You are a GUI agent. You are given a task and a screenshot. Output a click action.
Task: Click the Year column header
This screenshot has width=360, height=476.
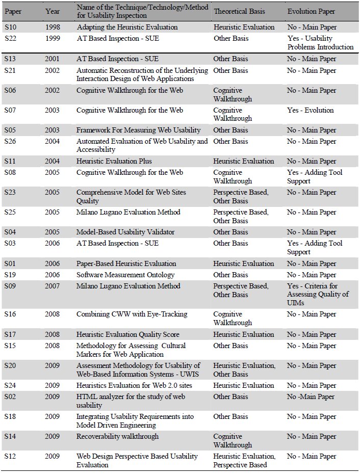point(53,11)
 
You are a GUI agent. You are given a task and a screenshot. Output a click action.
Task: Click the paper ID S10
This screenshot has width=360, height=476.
point(10,27)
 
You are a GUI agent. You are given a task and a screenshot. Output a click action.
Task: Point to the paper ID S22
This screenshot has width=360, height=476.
point(10,38)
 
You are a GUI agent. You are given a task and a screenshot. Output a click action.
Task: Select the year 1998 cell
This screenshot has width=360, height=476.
point(53,27)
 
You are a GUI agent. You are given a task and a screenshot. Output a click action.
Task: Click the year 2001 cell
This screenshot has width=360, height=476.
point(53,59)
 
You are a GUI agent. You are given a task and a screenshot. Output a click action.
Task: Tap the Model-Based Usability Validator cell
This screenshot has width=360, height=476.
point(125,232)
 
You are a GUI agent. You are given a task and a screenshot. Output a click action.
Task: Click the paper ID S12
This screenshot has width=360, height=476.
point(10,456)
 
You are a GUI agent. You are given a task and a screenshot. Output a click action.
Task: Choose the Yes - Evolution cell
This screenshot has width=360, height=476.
point(310,110)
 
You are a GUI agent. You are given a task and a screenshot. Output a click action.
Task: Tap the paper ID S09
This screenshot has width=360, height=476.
point(10,286)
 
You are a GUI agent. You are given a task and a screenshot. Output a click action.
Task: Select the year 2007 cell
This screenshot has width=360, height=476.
point(53,286)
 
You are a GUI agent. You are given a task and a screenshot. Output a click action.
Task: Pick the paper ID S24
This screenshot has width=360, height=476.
point(10,385)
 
